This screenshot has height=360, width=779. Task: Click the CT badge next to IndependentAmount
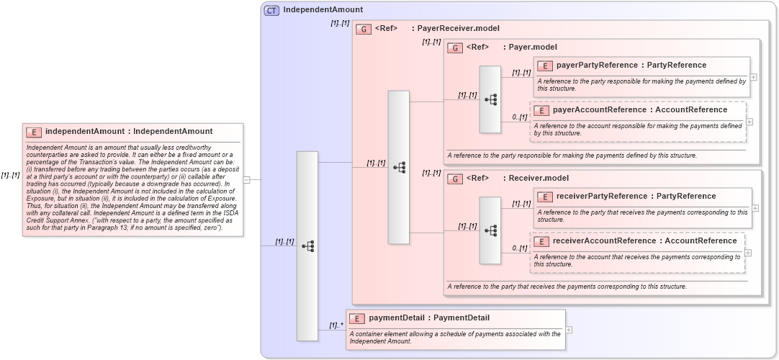pyautogui.click(x=271, y=10)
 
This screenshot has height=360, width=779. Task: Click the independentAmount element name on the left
pyautogui.click(x=129, y=132)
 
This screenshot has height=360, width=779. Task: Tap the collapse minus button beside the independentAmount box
pyautogui.click(x=247, y=180)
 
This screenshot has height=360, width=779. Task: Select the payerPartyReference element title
pyautogui.click(x=631, y=66)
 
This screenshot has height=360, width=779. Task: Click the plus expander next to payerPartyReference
pyautogui.click(x=754, y=77)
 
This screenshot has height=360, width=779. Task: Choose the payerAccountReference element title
pyautogui.click(x=639, y=110)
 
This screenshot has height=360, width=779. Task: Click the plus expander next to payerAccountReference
pyautogui.click(x=749, y=122)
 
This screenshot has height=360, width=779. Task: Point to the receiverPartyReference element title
pyautogui.click(x=636, y=197)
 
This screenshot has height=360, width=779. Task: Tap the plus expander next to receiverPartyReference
pyautogui.click(x=755, y=208)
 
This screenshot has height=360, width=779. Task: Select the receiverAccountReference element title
pyautogui.click(x=644, y=241)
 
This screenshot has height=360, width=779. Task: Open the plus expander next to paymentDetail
pyautogui.click(x=569, y=330)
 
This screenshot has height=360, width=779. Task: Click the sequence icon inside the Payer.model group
pyautogui.click(x=490, y=99)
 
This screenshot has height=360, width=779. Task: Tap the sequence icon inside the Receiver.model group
pyautogui.click(x=490, y=230)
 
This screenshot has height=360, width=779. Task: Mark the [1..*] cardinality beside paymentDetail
pyautogui.click(x=336, y=325)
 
